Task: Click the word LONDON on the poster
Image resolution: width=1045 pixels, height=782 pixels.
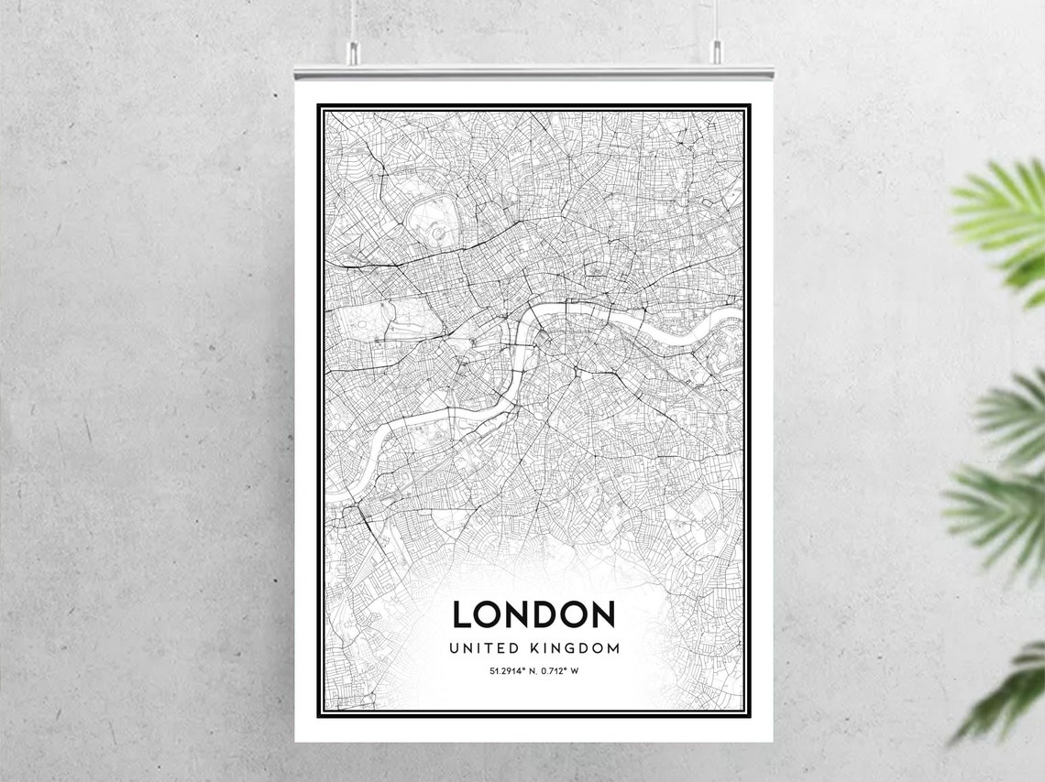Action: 533,614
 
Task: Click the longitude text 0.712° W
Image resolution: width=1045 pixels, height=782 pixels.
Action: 561,671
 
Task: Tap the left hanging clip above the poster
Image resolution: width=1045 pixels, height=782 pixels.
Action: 352,53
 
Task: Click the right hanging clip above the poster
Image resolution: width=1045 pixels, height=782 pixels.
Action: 716,52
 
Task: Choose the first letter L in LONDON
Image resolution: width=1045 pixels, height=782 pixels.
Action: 463,614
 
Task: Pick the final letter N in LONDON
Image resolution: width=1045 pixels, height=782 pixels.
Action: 601,614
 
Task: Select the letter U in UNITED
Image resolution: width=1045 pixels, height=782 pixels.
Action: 454,648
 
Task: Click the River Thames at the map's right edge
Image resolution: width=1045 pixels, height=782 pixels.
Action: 729,317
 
